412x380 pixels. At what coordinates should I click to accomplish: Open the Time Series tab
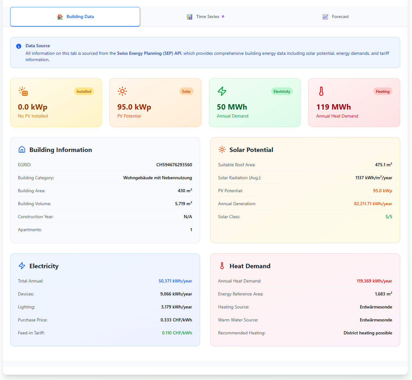pyautogui.click(x=206, y=16)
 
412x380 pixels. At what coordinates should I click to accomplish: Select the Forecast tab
pyautogui.click(x=336, y=16)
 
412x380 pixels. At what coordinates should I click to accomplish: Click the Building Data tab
pyautogui.click(x=75, y=16)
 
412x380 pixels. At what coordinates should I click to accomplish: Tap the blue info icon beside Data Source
pyautogui.click(x=19, y=46)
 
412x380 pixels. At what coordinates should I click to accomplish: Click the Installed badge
pyautogui.click(x=84, y=92)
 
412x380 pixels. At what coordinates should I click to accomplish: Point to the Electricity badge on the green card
pyautogui.click(x=282, y=92)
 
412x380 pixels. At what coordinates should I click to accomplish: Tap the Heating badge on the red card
pyautogui.click(x=383, y=92)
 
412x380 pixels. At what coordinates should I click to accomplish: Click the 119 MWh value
pyautogui.click(x=334, y=107)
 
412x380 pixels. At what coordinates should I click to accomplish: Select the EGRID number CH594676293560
pyautogui.click(x=174, y=165)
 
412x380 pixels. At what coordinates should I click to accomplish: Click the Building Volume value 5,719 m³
pyautogui.click(x=183, y=204)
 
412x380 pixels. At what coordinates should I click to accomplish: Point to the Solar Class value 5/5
pyautogui.click(x=389, y=217)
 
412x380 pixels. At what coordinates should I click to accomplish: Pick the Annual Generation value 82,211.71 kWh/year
pyautogui.click(x=373, y=204)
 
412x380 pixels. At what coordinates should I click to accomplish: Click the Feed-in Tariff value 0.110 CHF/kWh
pyautogui.click(x=177, y=333)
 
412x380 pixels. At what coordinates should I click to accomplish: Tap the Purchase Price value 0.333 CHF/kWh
pyautogui.click(x=176, y=320)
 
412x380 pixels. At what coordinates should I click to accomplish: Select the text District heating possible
pyautogui.click(x=368, y=333)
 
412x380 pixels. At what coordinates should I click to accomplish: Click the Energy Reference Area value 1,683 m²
pyautogui.click(x=383, y=294)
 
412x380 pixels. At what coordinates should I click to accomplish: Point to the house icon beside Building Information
pyautogui.click(x=22, y=149)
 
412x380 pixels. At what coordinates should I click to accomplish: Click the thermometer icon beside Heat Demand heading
pyautogui.click(x=222, y=266)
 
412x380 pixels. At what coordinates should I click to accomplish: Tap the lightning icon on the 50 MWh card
pyautogui.click(x=222, y=91)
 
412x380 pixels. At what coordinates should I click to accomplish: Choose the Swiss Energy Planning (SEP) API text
pyautogui.click(x=149, y=53)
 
